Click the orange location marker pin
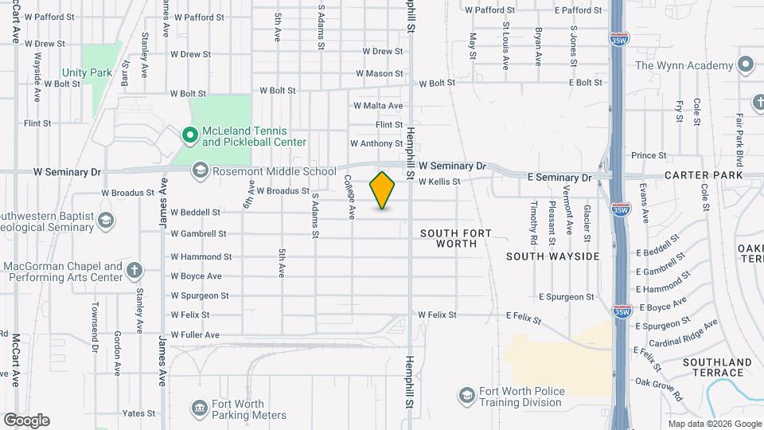pos(383,190)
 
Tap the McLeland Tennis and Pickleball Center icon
pos(190,136)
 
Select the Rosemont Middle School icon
pos(200,170)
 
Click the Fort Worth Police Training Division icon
pos(466,396)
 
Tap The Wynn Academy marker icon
pos(746,64)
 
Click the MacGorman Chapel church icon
pos(135,271)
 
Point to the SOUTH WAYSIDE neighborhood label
pos(552,256)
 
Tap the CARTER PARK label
pos(704,175)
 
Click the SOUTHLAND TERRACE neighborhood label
pos(717,368)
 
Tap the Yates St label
pos(138,413)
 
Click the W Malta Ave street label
pos(378,105)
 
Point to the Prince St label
pos(649,155)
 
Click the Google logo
pos(26,420)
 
